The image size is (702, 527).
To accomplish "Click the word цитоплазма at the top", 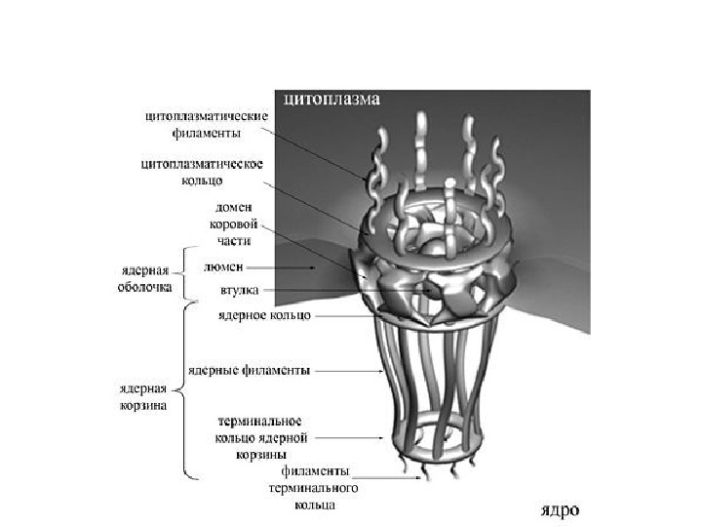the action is tap(331, 100).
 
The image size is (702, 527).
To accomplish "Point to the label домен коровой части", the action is tap(235, 223).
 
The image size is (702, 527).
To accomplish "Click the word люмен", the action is tap(223, 265).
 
